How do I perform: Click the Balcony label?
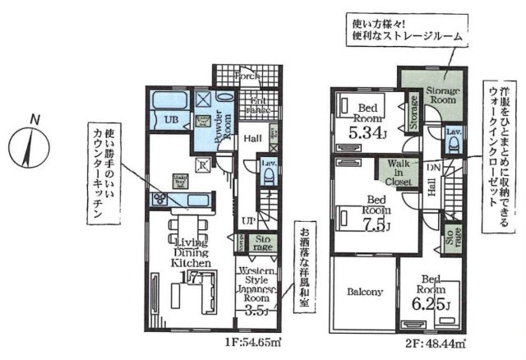[363, 292]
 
